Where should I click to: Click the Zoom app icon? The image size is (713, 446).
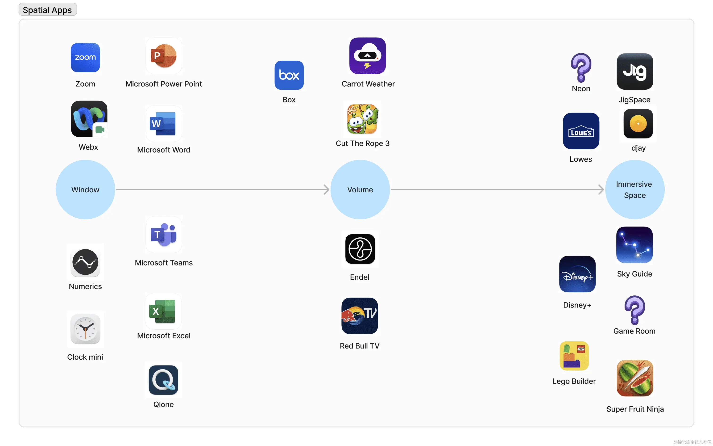[x=85, y=58]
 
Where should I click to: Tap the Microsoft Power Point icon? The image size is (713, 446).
[x=164, y=56]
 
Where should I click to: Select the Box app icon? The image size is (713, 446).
[x=289, y=75]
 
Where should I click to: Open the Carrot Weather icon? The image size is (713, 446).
[x=367, y=56]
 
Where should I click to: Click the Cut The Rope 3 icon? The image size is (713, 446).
[x=362, y=119]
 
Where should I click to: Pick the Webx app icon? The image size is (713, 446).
[x=89, y=119]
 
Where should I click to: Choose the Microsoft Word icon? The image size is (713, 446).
[x=164, y=124]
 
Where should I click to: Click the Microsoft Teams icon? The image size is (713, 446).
[x=164, y=235]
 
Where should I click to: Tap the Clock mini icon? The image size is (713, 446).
[x=85, y=329]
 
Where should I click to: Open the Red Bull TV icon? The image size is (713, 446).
[x=359, y=316]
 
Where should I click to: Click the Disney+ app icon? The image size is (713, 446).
[x=577, y=274]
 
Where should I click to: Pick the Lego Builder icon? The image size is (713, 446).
[x=574, y=356]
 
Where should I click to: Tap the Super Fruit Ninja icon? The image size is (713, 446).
[x=635, y=378]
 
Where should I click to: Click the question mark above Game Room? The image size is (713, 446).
[x=635, y=310]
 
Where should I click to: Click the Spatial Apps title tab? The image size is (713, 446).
[x=47, y=10]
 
